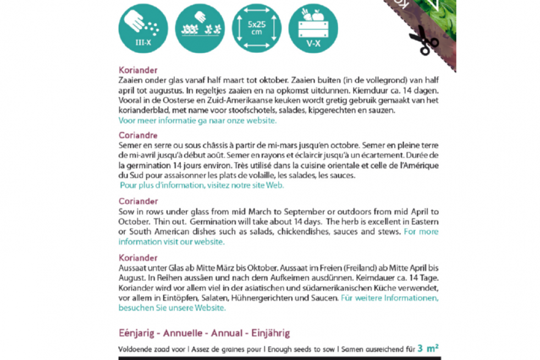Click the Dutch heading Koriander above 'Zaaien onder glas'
tap(138, 70)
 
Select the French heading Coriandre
tap(138, 136)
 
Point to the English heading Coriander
tap(138, 201)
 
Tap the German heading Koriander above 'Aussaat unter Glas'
tap(138, 258)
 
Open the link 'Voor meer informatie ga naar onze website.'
tap(197, 120)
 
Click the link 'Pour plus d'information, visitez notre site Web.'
tap(202, 186)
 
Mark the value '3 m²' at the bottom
tap(428, 348)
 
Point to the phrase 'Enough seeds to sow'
tap(302, 349)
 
